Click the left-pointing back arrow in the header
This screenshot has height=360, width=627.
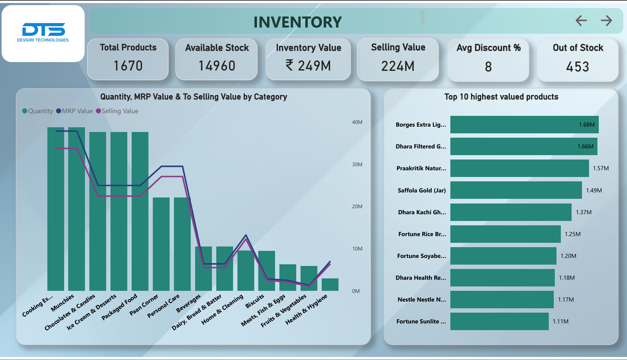(581, 20)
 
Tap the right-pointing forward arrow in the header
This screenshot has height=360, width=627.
(606, 20)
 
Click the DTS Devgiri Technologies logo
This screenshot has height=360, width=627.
(43, 33)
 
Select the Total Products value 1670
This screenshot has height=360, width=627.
(128, 66)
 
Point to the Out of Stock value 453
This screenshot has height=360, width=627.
(577, 67)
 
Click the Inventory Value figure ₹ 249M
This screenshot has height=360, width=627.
(308, 66)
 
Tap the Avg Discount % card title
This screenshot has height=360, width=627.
(488, 48)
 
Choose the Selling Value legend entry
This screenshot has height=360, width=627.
(120, 111)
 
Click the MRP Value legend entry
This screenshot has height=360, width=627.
(77, 111)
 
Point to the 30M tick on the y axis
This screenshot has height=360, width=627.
(357, 165)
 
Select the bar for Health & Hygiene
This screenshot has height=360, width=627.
(330, 285)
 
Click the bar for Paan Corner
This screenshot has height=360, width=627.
(161, 244)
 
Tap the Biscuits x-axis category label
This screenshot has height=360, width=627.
(255, 301)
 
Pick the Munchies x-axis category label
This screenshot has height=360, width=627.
(62, 303)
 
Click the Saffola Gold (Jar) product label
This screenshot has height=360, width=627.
(421, 190)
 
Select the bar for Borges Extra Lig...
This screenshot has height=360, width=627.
(524, 125)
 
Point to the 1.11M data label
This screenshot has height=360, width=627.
(561, 321)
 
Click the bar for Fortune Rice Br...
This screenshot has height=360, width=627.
(505, 234)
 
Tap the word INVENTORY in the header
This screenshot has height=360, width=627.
(298, 22)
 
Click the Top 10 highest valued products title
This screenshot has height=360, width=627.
(501, 97)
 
